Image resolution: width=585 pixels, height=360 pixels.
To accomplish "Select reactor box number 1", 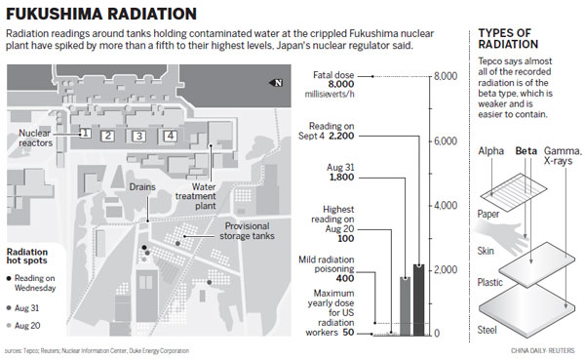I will click(86, 135).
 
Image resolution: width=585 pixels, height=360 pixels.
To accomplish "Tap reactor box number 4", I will click(170, 135).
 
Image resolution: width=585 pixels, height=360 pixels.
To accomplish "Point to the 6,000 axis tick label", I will click(446, 141).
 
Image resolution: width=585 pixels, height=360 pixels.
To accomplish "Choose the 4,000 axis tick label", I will click(446, 206).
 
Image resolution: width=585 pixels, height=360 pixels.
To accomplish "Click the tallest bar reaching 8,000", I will click(420, 206).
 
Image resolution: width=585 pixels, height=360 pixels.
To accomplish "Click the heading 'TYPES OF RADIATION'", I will click(506, 43).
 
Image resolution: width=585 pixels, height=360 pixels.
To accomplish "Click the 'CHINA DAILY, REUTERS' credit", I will click(544, 349).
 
